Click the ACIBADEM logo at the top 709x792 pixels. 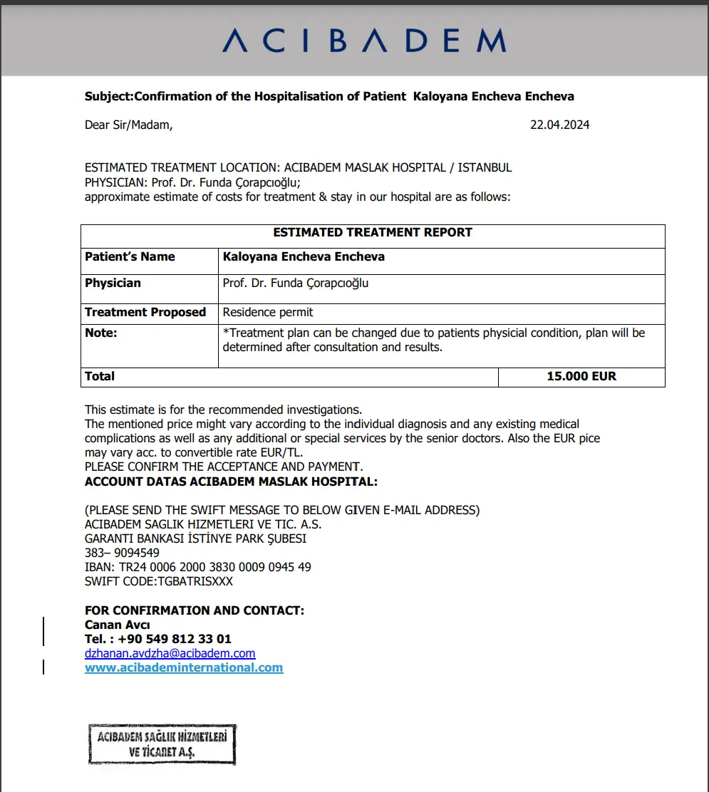coord(364,41)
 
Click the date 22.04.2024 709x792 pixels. coord(559,125)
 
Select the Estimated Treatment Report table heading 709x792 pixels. coord(373,232)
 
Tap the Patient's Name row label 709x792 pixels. coord(130,256)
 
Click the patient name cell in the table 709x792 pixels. coord(304,256)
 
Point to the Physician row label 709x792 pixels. coord(113,283)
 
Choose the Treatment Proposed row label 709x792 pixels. coord(145,312)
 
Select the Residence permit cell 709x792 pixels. coord(268,312)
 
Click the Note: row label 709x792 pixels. coord(101,333)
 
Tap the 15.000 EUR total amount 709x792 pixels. coord(581,376)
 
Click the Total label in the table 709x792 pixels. coord(100,376)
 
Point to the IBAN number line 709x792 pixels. coord(198,567)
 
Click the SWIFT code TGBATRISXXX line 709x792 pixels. coord(159,581)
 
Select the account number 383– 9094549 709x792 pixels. coord(122,553)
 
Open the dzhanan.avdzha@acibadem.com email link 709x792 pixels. coord(170,653)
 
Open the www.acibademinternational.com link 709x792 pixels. coord(184,667)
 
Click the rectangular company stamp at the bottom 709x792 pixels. coord(162,744)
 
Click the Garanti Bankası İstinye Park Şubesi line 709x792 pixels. coord(195,538)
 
